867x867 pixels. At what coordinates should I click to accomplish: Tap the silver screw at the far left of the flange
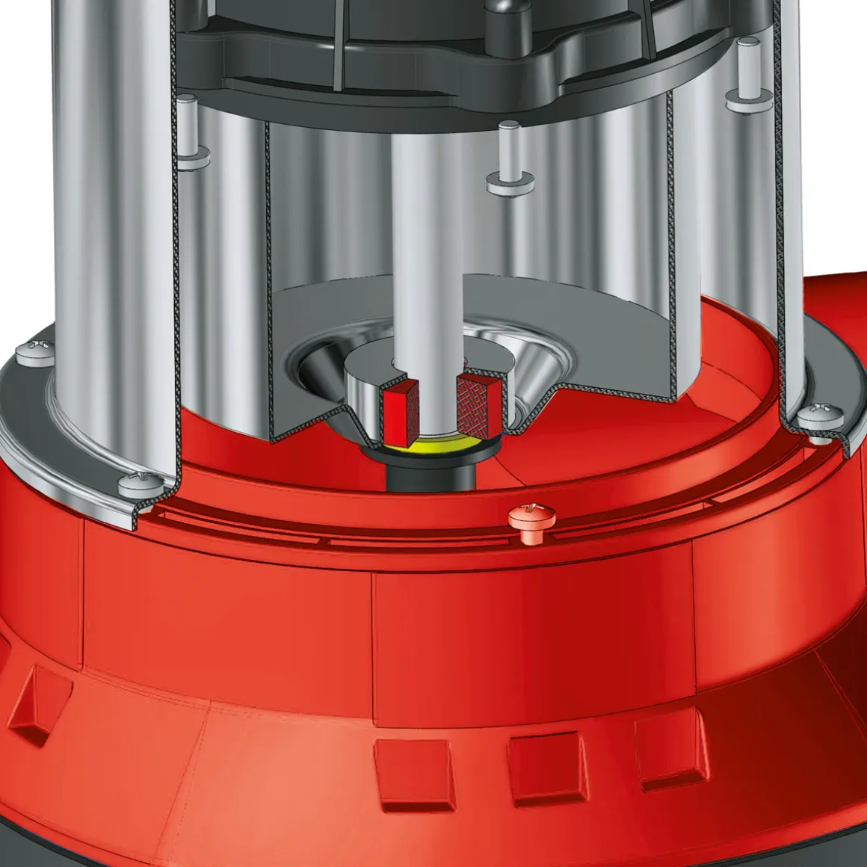pos(35,348)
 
